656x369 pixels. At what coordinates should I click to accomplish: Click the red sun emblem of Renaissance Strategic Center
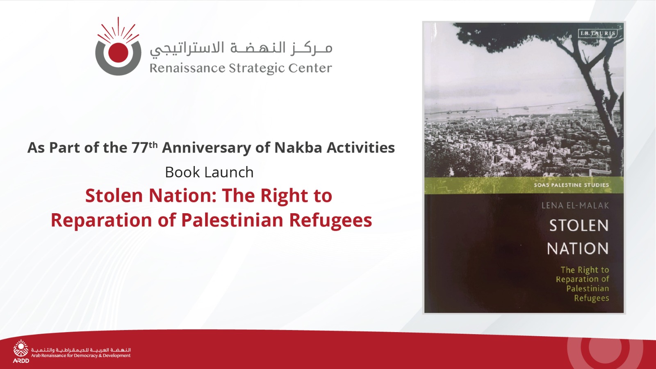pos(118,46)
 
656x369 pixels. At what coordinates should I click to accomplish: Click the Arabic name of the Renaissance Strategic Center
pos(241,48)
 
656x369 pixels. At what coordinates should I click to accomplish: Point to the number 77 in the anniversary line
pos(140,148)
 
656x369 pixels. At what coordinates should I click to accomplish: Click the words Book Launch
pos(209,172)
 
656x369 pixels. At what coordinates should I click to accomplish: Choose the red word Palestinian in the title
pos(232,220)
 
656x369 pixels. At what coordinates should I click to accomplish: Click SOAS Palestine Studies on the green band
pos(572,185)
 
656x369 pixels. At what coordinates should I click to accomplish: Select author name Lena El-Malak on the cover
pos(575,205)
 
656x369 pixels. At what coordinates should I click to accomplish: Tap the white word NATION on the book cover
pos(578,248)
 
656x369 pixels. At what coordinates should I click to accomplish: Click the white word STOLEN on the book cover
pos(579,225)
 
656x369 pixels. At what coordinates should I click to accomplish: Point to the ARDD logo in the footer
pos(21,351)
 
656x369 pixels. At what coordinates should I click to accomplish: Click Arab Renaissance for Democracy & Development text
pos(81,355)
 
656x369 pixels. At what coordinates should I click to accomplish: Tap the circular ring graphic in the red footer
pos(605,353)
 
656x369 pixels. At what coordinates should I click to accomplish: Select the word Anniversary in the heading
pos(207,148)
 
